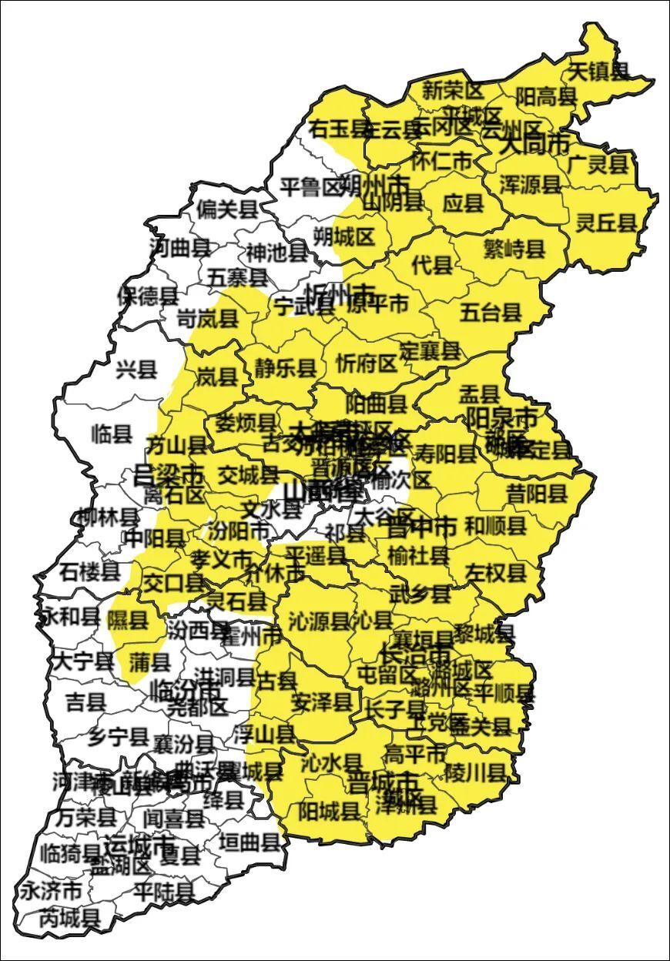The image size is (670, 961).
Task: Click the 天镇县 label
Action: [598, 72]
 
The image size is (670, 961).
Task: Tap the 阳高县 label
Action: [546, 96]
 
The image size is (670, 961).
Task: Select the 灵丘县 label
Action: [607, 223]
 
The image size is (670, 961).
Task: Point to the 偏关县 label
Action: [226, 209]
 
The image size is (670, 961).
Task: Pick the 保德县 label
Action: [147, 296]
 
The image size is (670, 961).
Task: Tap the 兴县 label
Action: [136, 370]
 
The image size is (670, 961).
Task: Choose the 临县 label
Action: [112, 434]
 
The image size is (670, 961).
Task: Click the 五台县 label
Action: [491, 312]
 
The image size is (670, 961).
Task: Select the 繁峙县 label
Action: [514, 248]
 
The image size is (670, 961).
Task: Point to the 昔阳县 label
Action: [537, 493]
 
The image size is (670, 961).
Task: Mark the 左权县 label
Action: [496, 572]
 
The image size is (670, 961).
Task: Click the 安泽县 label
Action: [322, 701]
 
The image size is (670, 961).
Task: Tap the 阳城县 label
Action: [329, 810]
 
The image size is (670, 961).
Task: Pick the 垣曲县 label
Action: [250, 841]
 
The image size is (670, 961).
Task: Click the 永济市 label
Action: [51, 892]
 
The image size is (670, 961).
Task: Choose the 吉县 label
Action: [85, 701]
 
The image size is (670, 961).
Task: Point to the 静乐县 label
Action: [285, 368]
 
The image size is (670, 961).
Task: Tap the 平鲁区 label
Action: [310, 186]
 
